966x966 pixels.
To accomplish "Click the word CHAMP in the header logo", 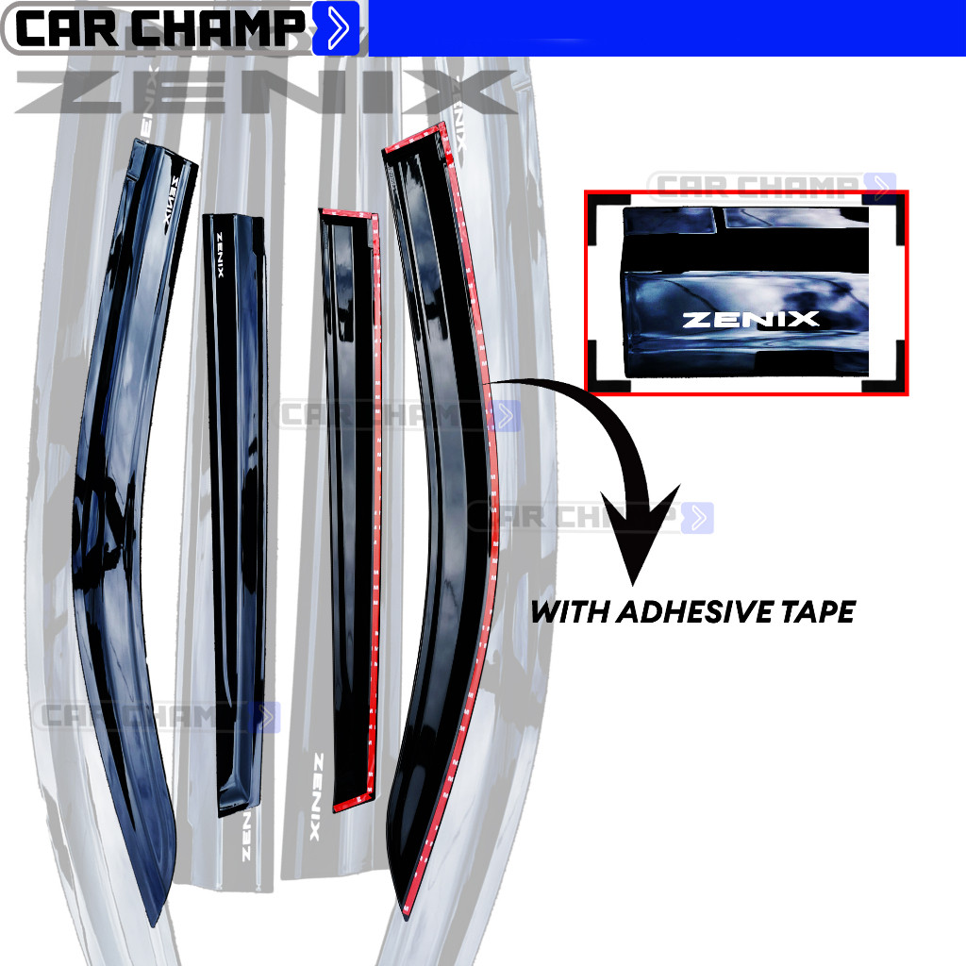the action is pyautogui.click(x=220, y=30).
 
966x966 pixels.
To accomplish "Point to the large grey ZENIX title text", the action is pyautogui.click(x=264, y=92).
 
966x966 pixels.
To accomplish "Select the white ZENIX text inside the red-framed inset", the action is pyautogui.click(x=750, y=319).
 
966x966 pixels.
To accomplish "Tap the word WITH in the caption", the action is pyautogui.click(x=569, y=612).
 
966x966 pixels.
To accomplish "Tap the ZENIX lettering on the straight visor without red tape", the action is pyautogui.click(x=222, y=256).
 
